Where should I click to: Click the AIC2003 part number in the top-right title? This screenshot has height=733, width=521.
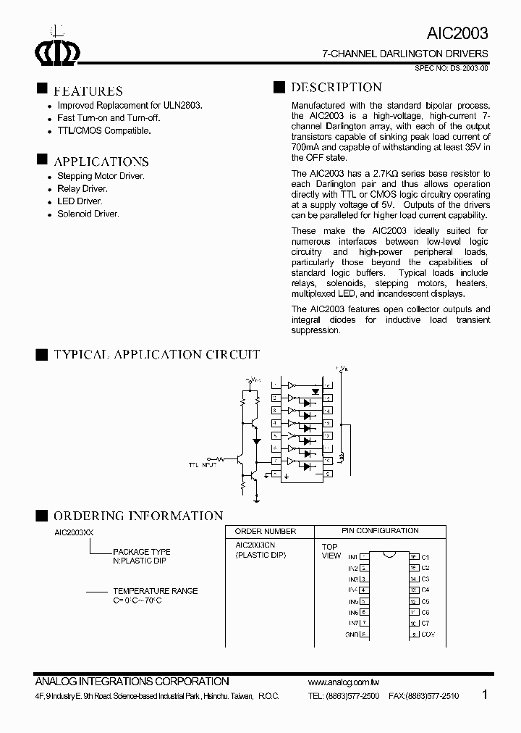(458, 33)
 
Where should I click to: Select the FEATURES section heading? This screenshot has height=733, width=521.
(88, 91)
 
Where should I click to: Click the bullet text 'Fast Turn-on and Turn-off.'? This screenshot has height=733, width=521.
(109, 117)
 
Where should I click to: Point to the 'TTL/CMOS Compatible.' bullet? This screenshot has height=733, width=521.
(103, 130)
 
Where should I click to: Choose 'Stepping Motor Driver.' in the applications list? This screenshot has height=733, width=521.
(101, 176)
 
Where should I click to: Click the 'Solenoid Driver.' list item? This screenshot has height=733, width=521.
(88, 214)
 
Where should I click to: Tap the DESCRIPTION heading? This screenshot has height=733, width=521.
(336, 88)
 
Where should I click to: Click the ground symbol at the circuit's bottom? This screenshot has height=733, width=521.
(257, 499)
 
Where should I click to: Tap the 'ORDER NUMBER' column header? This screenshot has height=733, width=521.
(265, 532)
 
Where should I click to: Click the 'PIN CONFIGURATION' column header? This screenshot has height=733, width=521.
(380, 531)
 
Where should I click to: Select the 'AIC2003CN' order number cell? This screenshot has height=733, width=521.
(255, 545)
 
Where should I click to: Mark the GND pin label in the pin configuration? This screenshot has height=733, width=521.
(352, 634)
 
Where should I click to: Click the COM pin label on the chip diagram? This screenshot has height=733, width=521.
(428, 634)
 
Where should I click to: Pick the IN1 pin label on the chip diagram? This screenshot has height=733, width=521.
(353, 556)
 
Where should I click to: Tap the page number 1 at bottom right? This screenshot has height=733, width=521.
(485, 694)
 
